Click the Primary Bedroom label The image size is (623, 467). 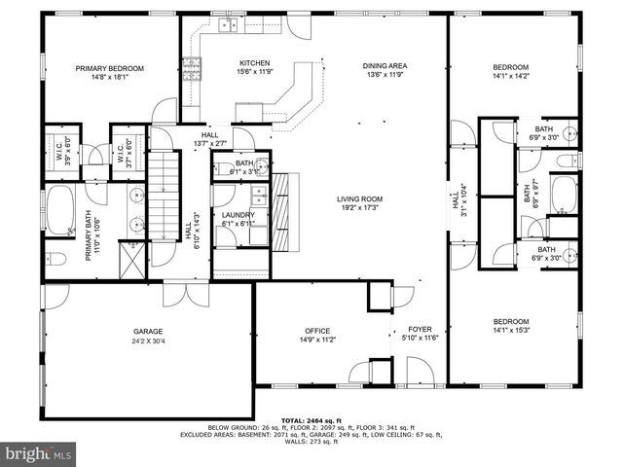pos(110,68)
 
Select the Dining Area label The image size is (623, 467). pos(385,65)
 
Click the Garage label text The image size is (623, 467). pos(148,332)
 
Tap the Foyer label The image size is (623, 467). pos(420,329)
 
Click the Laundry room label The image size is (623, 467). pos(238,215)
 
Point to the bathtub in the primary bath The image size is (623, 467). pos(59,210)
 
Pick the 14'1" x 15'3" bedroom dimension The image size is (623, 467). pos(510,330)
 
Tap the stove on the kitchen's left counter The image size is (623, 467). pos(192,68)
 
